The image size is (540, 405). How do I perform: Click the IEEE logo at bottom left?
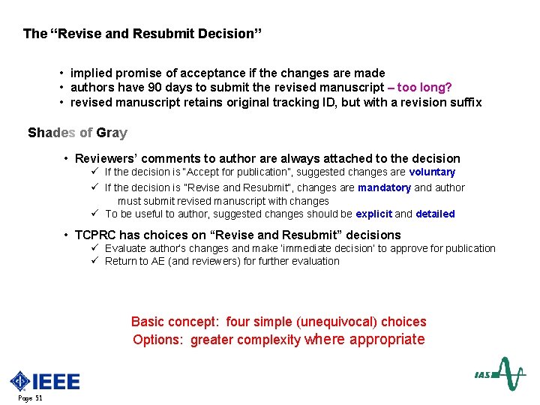pyautogui.click(x=44, y=381)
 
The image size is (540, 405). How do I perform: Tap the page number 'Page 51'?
pyautogui.click(x=29, y=398)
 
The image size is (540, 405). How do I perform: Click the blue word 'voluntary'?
pyautogui.click(x=432, y=172)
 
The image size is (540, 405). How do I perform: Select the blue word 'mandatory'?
pyautogui.click(x=384, y=187)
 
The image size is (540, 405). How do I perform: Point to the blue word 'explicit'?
pyautogui.click(x=373, y=214)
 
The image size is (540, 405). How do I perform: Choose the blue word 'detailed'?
pyautogui.click(x=435, y=214)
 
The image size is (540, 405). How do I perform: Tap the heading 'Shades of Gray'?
pyautogui.click(x=77, y=133)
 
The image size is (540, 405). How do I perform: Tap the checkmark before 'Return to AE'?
pyautogui.click(x=95, y=261)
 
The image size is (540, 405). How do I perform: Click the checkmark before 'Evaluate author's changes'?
pyautogui.click(x=95, y=248)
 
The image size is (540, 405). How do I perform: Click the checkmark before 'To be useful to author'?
pyautogui.click(x=95, y=214)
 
